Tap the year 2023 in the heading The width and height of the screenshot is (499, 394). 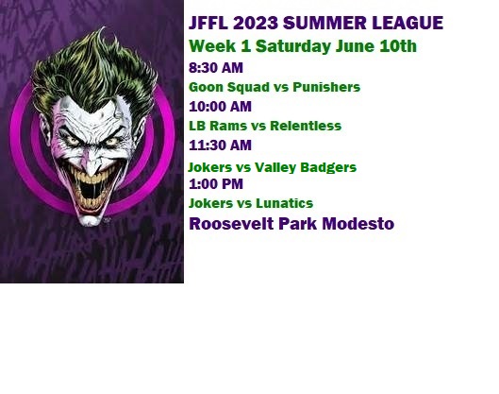(256, 23)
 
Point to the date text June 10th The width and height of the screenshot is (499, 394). (376, 46)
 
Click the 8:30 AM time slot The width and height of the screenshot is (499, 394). (216, 68)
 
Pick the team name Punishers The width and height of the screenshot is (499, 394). (326, 87)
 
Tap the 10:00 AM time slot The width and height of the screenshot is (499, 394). (220, 107)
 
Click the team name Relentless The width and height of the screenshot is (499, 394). (306, 126)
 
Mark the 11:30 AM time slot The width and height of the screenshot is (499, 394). (220, 146)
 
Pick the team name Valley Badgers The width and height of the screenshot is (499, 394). (306, 167)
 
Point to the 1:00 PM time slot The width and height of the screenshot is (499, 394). (216, 184)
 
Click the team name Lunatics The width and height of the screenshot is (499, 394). (285, 203)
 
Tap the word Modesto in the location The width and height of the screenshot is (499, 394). (358, 224)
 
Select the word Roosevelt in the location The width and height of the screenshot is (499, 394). (231, 224)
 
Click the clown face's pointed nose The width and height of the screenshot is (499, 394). (91, 165)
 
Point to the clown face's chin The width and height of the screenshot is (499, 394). (91, 220)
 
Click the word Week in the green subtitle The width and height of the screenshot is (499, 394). (212, 46)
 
